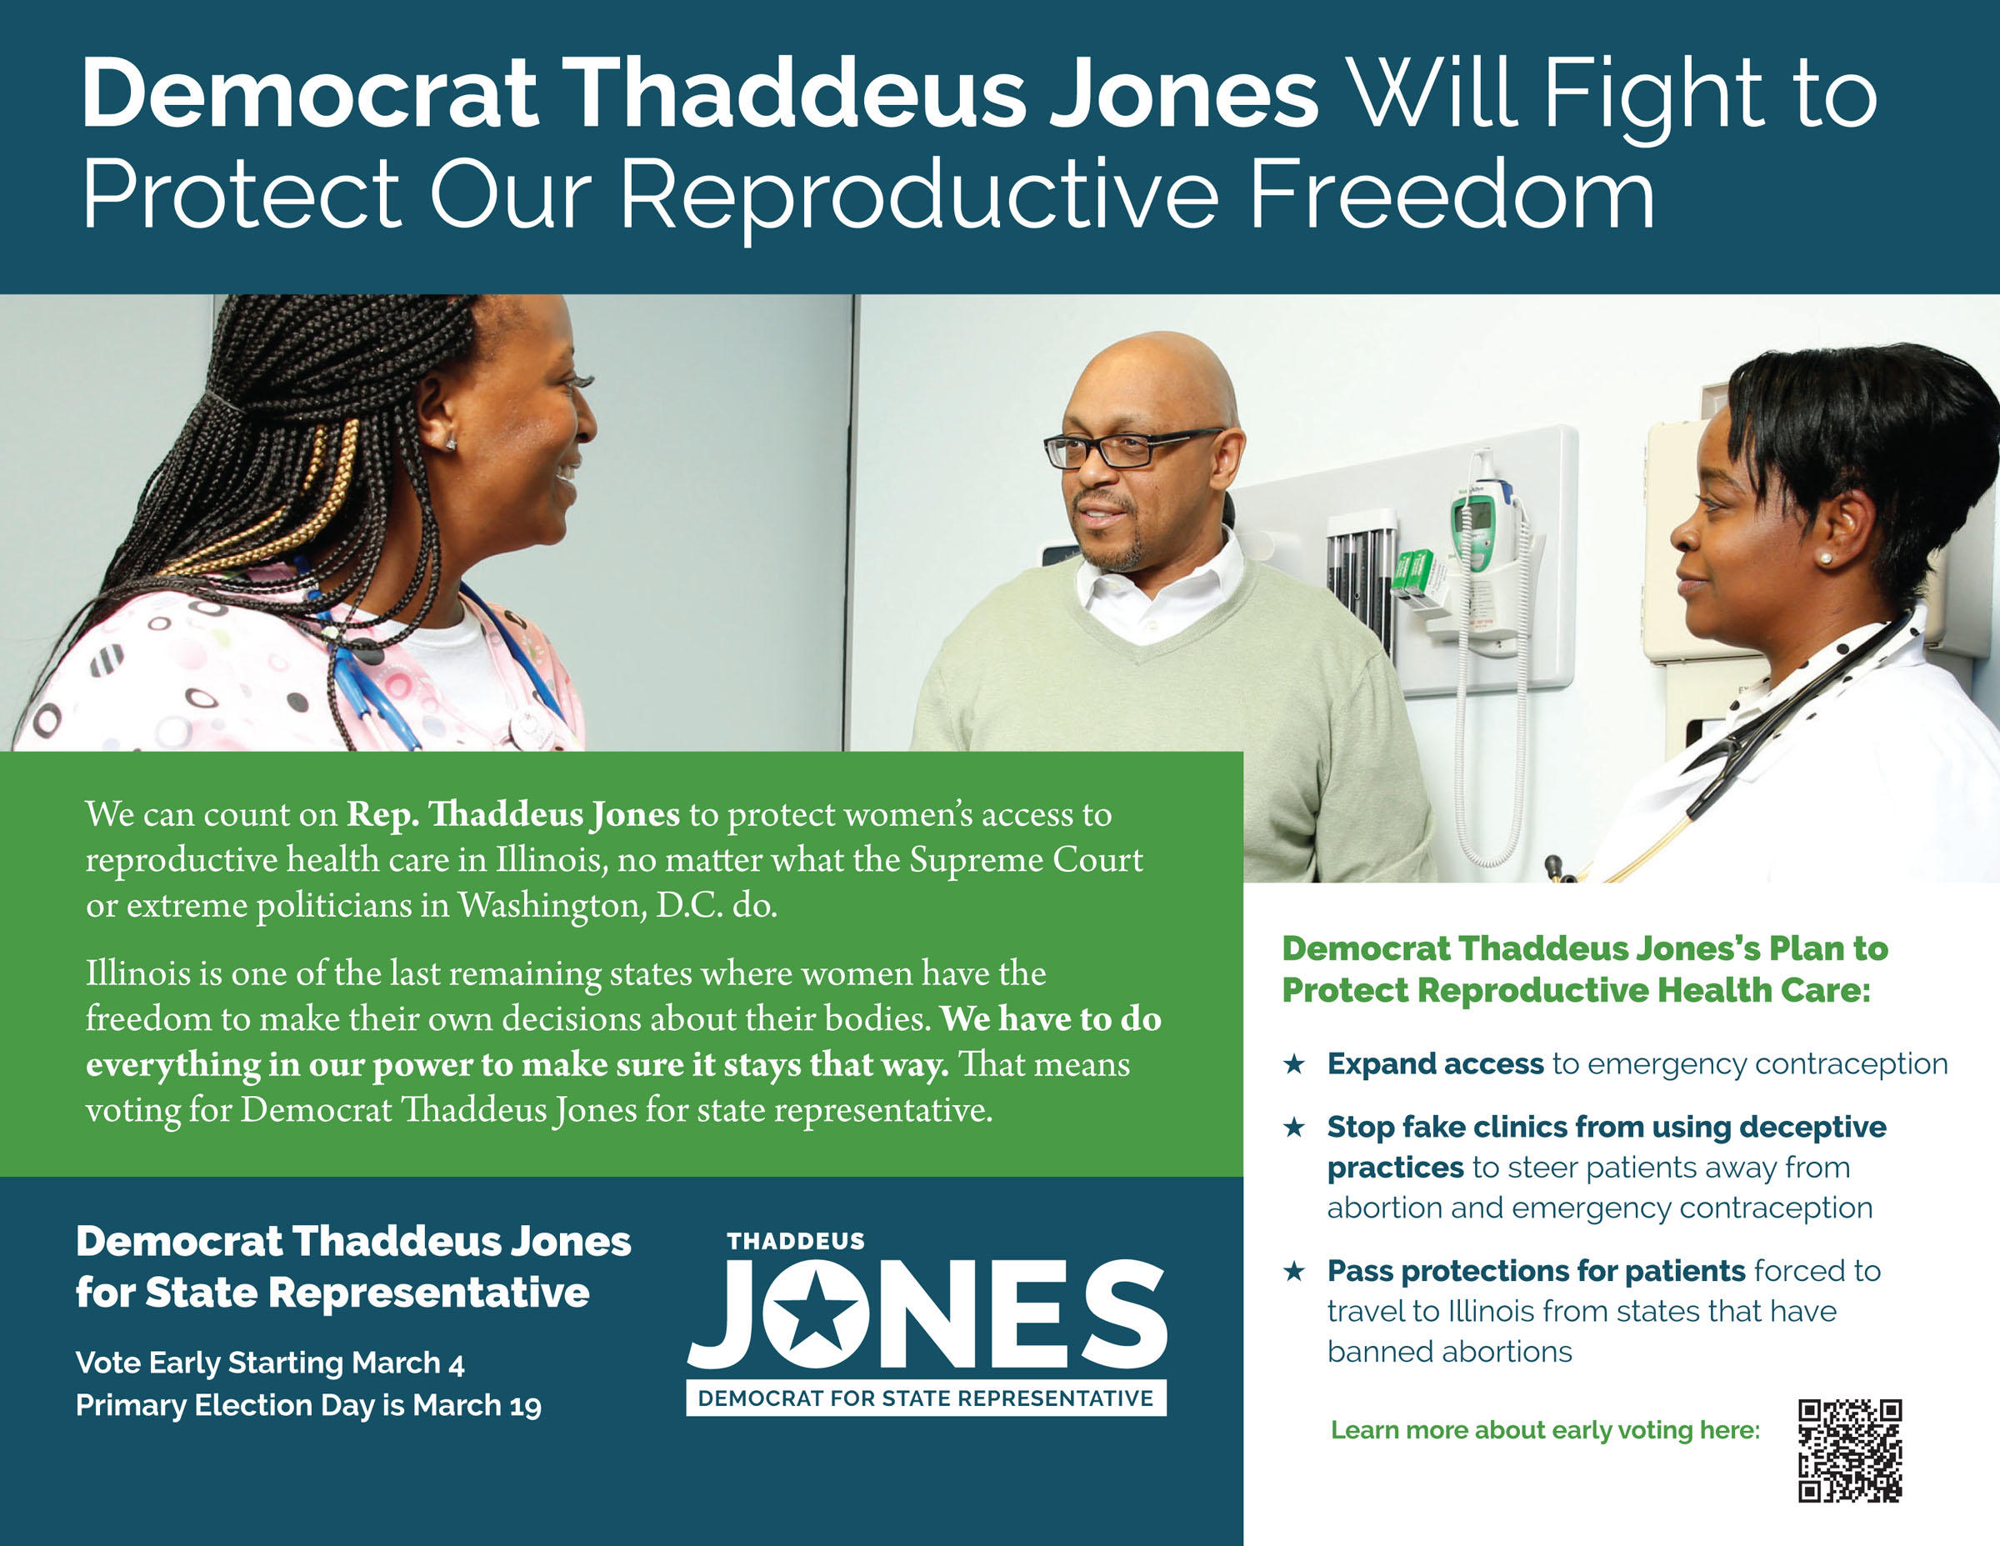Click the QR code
click(1850, 1451)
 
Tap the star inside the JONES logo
click(815, 1314)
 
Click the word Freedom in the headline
click(1452, 194)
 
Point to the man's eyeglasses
click(1130, 448)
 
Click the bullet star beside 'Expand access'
click(1294, 1063)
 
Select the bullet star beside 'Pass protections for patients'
click(1294, 1270)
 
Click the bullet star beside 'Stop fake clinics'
click(1294, 1127)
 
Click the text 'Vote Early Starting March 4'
click(270, 1363)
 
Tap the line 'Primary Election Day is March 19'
click(308, 1405)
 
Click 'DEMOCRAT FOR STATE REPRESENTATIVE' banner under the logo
click(926, 1398)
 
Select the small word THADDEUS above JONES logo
click(796, 1241)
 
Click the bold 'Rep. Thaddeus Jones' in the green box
click(512, 814)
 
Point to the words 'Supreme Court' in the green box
click(1026, 860)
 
